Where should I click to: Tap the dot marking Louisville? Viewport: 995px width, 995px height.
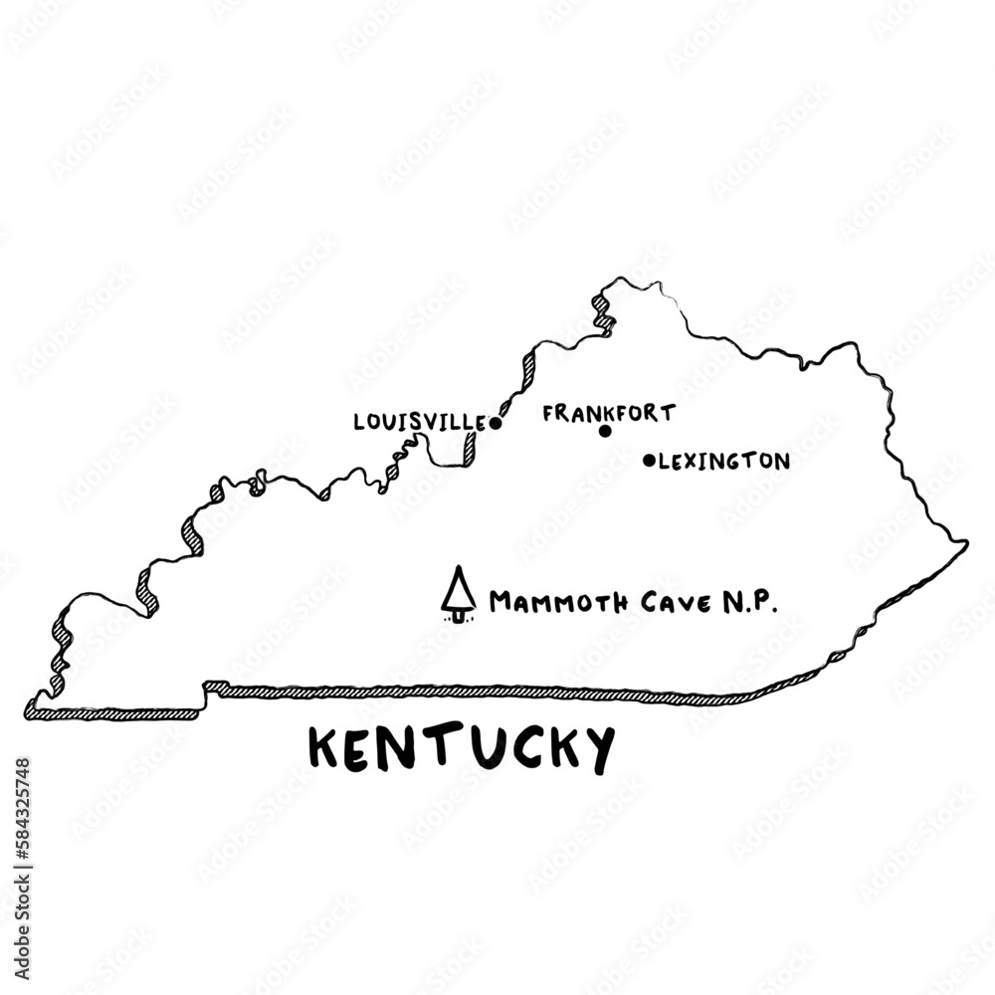tap(496, 423)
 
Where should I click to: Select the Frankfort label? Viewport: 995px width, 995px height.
tap(609, 412)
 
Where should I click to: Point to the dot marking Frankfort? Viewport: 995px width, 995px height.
tap(604, 431)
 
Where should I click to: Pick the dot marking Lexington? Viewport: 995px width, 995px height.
tap(649, 461)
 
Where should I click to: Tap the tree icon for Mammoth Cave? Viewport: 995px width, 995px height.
tap(458, 594)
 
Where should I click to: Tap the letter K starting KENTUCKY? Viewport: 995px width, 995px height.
tap(324, 748)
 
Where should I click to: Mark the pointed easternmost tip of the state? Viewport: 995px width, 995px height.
tap(966, 543)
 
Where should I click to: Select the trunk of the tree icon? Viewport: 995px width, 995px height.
tap(458, 614)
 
